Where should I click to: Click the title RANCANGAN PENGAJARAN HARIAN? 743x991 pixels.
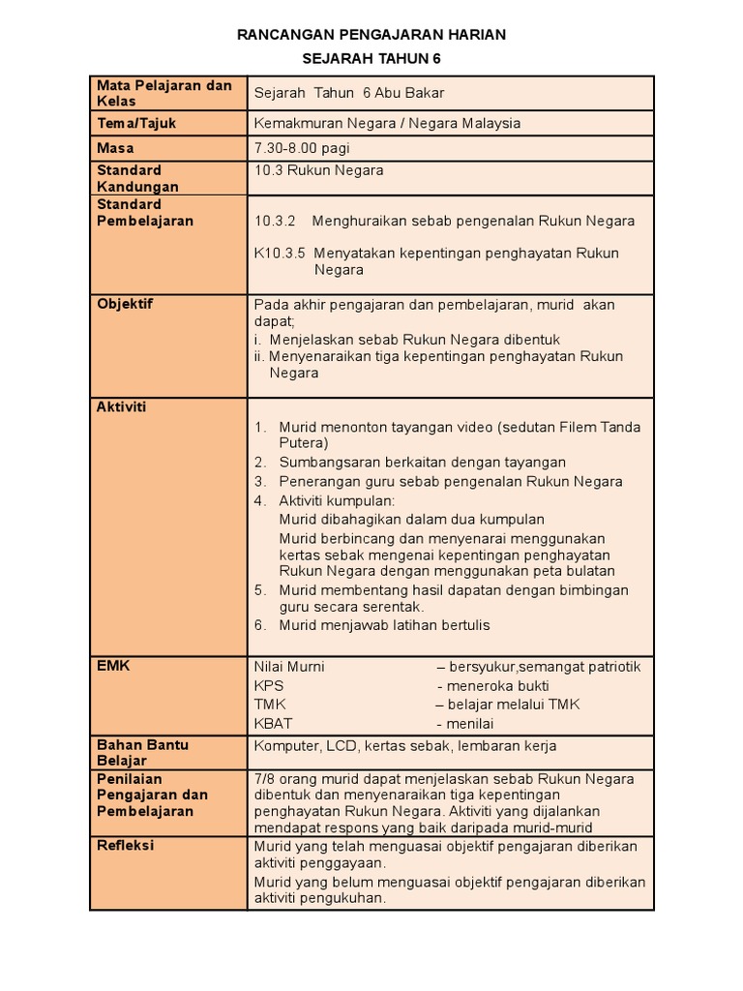tap(371, 35)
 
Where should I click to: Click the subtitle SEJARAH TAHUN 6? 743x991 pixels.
tap(371, 59)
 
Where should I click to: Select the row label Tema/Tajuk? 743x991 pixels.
tap(136, 123)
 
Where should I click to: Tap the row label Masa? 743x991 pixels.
tap(115, 148)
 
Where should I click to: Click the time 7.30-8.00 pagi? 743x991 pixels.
tap(302, 148)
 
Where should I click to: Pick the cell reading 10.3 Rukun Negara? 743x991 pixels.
tap(318, 170)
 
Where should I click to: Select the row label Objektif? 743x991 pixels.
tap(125, 304)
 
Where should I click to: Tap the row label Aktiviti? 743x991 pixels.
tap(121, 406)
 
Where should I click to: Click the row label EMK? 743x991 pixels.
tap(112, 666)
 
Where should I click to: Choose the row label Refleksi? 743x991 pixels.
tap(126, 845)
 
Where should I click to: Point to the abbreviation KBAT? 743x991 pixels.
tap(273, 723)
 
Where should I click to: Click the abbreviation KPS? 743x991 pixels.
tap(268, 685)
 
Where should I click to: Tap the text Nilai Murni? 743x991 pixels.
tap(289, 666)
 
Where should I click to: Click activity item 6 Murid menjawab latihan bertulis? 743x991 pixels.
tap(384, 625)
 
